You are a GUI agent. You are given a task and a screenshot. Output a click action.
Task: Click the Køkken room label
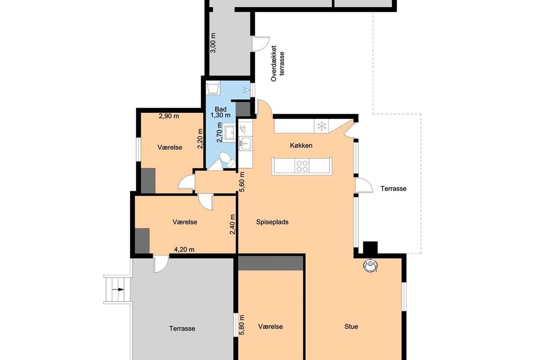[x=301, y=145]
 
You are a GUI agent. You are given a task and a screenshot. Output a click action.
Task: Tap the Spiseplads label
[x=272, y=222]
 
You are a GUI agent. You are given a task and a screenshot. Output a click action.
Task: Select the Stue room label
[x=351, y=327]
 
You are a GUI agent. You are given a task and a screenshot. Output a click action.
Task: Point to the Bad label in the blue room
[x=220, y=109]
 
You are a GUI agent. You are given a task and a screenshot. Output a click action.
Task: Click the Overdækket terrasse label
[x=278, y=63]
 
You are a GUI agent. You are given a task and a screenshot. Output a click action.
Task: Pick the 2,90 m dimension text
[x=169, y=116]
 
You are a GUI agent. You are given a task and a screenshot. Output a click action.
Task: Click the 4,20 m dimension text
[x=184, y=250]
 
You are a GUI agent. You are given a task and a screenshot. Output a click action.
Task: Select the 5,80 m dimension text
[x=242, y=325]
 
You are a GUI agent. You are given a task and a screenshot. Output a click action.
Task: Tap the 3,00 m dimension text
[x=213, y=43]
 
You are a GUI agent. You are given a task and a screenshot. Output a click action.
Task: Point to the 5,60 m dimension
[x=242, y=181]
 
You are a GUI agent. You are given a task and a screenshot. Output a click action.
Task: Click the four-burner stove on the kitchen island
[x=302, y=166]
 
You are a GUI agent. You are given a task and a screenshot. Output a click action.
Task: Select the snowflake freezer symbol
[x=321, y=126]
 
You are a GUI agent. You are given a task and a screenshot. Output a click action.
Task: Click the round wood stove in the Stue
[x=370, y=265]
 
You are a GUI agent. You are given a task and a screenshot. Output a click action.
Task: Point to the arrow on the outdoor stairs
[x=121, y=290]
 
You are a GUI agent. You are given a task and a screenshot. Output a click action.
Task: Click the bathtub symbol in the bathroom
[x=213, y=88]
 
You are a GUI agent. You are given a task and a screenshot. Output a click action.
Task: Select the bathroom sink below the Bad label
[x=230, y=132]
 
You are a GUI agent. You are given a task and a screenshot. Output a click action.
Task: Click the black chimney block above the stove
[x=370, y=248]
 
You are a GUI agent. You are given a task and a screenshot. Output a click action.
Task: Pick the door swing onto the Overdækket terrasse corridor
[x=261, y=44]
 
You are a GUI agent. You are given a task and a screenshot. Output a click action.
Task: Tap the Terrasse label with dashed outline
[x=393, y=189]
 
